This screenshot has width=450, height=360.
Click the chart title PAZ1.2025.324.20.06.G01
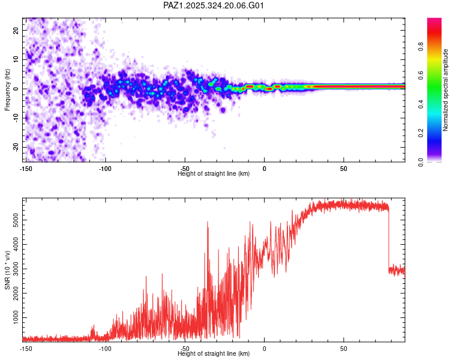coord(214,6)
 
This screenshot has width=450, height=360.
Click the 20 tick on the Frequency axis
coord(17,30)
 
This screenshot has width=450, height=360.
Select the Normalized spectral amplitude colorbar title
coord(446,90)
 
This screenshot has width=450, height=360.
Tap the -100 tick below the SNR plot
coord(106,348)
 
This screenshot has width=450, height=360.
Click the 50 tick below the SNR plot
coord(344,348)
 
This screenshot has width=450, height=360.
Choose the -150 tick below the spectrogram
coord(26,168)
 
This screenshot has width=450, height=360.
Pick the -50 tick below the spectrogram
coord(185,168)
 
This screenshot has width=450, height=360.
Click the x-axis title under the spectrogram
coord(214,173)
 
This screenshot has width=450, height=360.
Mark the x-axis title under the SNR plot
coord(214,353)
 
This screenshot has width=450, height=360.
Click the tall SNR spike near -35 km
coord(208,223)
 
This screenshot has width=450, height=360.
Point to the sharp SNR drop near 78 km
coord(388,240)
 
